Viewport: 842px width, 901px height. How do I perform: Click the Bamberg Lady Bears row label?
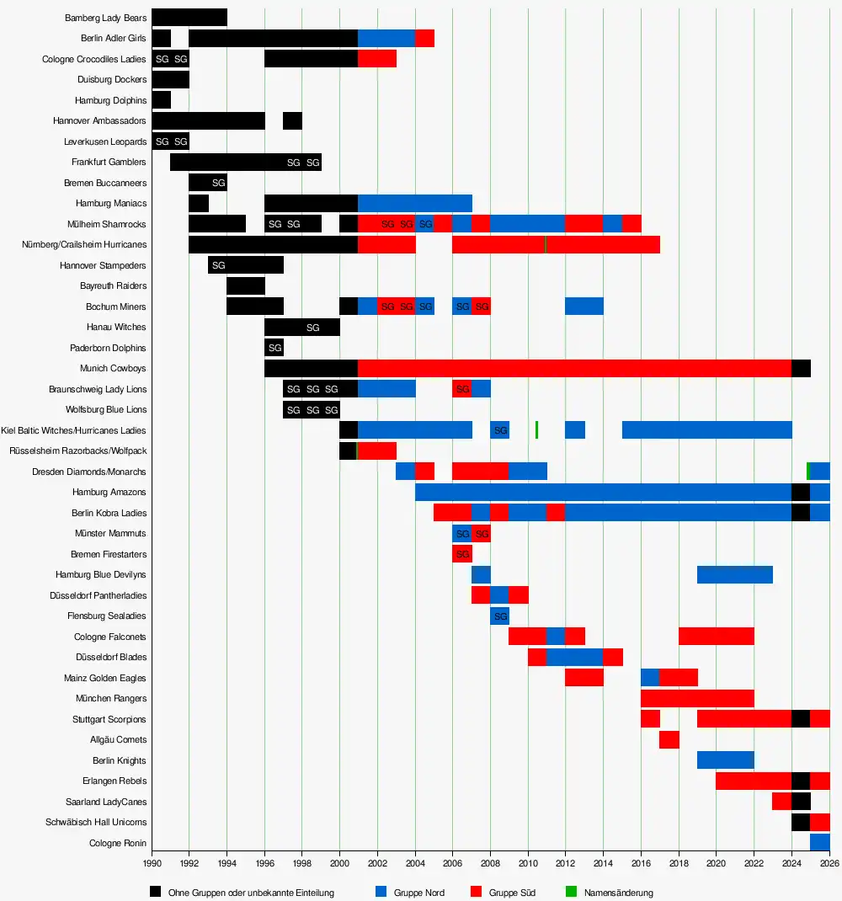105,18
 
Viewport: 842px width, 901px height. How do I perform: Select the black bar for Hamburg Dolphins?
161,100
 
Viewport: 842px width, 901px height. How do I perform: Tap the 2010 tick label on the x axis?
527,862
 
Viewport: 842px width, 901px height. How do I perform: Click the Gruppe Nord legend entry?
418,893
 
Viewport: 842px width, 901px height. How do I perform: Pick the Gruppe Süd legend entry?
512,893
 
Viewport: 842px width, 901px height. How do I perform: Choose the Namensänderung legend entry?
618,893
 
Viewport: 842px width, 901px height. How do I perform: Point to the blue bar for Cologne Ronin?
819,843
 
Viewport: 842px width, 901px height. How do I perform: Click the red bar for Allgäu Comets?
669,739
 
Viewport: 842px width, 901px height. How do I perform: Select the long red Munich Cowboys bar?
574,369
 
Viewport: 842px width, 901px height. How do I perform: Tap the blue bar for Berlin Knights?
725,760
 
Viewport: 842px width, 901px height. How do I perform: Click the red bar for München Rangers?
697,698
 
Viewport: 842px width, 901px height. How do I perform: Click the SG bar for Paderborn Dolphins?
274,348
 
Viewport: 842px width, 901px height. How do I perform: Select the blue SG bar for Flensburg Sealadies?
499,616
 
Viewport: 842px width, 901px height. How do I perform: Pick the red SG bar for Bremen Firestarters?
462,554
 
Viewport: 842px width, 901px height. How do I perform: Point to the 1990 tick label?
152,862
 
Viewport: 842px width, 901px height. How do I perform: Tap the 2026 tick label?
829,862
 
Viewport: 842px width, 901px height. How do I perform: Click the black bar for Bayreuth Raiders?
246,286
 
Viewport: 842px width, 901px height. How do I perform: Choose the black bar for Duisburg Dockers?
170,80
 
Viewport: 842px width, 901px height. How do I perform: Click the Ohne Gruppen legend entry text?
251,893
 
